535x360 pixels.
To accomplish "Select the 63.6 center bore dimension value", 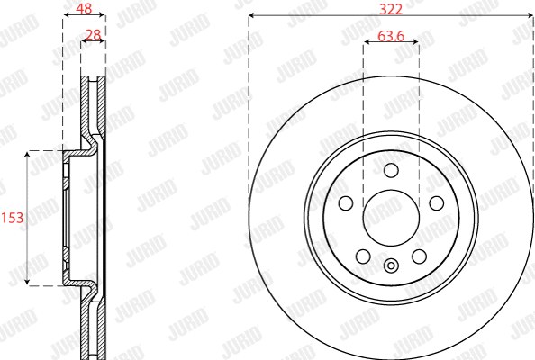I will point(390,36).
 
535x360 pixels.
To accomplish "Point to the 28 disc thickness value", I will point(92,35).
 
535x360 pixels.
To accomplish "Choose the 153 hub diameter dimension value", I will point(12,218).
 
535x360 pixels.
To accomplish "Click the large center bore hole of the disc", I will point(390,218).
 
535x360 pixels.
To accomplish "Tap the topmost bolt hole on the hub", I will point(390,171).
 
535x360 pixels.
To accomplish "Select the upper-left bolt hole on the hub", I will point(346,203).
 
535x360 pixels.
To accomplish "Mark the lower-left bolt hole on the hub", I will point(363,256).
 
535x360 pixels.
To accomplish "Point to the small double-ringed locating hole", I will point(390,265).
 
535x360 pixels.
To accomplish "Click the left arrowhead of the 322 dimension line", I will point(252,15).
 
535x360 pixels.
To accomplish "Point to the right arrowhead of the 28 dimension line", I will point(103,43).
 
